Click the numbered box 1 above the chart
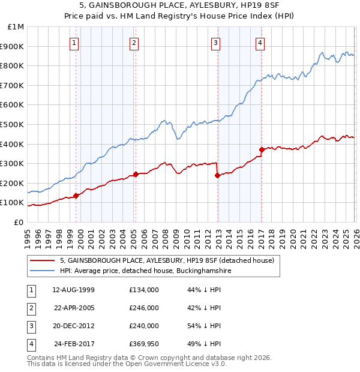(x=74, y=43)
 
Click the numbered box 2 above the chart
(x=133, y=43)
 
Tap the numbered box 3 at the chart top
(x=215, y=43)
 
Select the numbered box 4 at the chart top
(x=260, y=43)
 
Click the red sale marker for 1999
(x=76, y=196)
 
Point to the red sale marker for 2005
(x=136, y=174)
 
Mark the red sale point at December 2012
(x=217, y=175)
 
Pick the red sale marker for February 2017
(x=262, y=149)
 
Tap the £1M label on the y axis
(x=16, y=27)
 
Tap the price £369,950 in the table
(x=144, y=344)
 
